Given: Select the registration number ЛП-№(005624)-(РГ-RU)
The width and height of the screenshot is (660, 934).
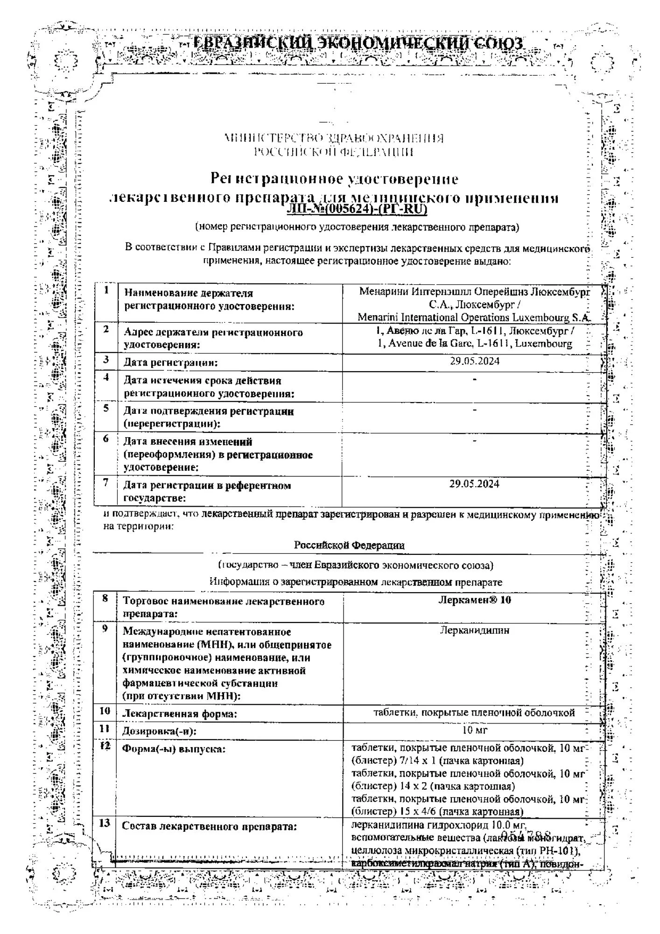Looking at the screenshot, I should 357,210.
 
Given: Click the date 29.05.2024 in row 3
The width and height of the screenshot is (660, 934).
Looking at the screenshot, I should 474,361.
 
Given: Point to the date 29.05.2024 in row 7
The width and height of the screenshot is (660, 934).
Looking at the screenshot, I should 474,484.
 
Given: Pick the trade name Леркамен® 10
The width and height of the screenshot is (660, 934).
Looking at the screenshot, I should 474,600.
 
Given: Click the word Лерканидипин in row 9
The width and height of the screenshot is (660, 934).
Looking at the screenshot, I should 474,630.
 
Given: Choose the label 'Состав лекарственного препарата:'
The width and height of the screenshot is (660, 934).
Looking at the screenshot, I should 209,827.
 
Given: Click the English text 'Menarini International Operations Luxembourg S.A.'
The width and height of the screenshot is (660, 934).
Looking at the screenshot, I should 474,318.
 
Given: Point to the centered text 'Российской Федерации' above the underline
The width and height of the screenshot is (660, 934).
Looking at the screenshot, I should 349,545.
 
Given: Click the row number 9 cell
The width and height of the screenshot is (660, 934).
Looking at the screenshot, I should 105,629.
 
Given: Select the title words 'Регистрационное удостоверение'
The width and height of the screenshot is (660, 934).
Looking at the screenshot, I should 334,179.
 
